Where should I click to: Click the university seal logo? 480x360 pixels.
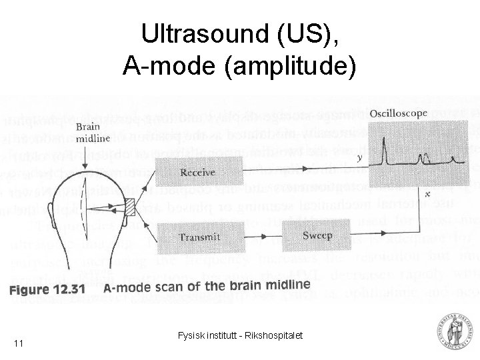pos(453,333)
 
